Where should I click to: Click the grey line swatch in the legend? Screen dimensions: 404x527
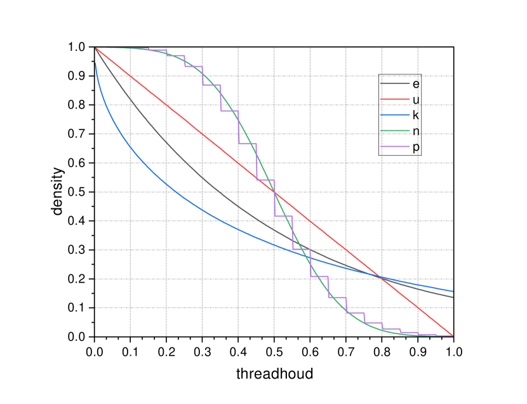(394, 83)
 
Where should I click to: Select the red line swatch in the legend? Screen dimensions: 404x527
(394, 99)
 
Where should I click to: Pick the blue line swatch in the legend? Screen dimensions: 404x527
(394, 115)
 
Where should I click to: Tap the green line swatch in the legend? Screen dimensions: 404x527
(394, 130)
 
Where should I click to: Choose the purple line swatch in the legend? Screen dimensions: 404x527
(394, 146)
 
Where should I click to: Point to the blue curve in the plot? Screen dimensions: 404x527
(166, 184)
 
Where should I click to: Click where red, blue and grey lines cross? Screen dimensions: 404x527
(382, 277)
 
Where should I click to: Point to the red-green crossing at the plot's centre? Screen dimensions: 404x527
(274, 192)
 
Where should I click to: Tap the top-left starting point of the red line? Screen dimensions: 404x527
(95, 48)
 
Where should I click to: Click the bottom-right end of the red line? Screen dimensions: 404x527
(453, 335)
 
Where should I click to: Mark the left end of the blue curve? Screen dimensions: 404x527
(96, 63)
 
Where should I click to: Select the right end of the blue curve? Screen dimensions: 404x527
(453, 291)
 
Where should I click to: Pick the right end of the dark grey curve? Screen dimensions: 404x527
(453, 297)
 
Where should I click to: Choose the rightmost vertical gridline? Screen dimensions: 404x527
(418, 191)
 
